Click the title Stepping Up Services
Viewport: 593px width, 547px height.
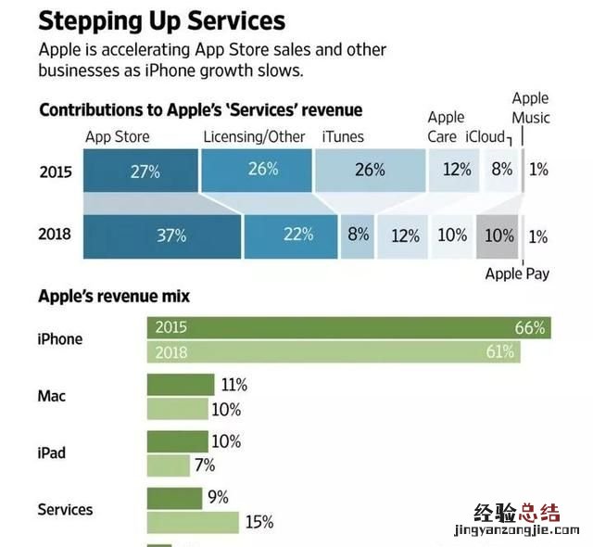(x=161, y=20)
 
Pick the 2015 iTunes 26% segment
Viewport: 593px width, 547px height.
(x=370, y=171)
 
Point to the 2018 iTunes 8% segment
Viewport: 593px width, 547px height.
(x=358, y=235)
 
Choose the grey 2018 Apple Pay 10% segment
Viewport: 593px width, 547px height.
(x=498, y=235)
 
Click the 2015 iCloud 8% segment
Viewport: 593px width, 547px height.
(x=501, y=171)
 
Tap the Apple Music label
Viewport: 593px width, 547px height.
(x=531, y=108)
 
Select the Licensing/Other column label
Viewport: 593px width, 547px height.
(x=254, y=137)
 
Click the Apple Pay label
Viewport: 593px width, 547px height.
(x=517, y=273)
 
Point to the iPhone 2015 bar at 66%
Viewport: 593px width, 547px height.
(x=348, y=327)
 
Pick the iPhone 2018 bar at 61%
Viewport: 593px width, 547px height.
(x=334, y=352)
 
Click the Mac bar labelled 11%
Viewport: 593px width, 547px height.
(x=178, y=385)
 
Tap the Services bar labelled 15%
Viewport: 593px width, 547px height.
(x=193, y=522)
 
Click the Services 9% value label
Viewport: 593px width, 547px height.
(x=218, y=498)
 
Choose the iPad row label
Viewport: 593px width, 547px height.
(x=53, y=453)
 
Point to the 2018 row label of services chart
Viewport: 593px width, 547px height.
(x=55, y=235)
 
